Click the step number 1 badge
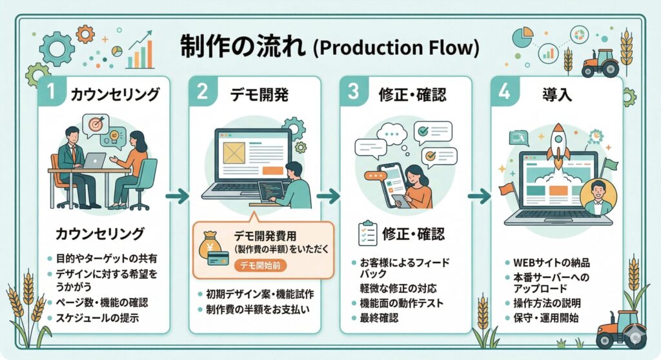tap(51, 93)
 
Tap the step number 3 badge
tap(353, 92)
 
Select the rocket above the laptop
tap(558, 143)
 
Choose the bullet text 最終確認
tap(379, 318)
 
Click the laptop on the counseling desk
tap(95, 160)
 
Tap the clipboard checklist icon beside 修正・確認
tap(369, 234)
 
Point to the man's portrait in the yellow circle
tap(598, 195)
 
